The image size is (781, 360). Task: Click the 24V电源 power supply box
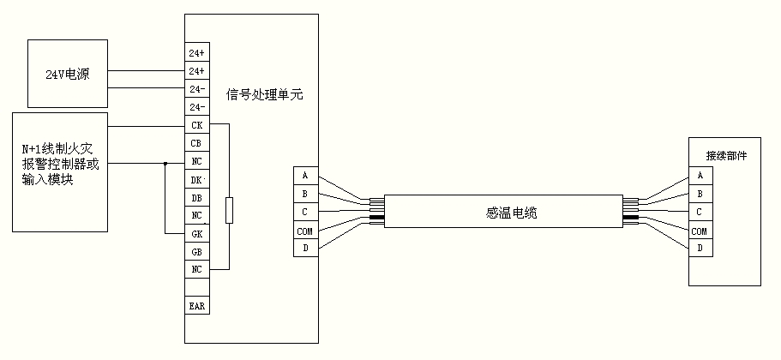pyautogui.click(x=64, y=75)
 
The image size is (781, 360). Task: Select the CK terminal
pyautogui.click(x=196, y=125)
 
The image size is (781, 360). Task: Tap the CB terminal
pyautogui.click(x=196, y=143)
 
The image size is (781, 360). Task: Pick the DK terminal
pyautogui.click(x=196, y=179)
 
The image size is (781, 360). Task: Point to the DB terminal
pyautogui.click(x=196, y=197)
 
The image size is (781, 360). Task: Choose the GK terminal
pyautogui.click(x=196, y=233)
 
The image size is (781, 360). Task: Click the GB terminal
pyautogui.click(x=196, y=251)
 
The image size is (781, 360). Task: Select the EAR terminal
pyautogui.click(x=196, y=305)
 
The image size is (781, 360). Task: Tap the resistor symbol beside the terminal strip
pyautogui.click(x=229, y=211)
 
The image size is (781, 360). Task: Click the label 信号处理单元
pyautogui.click(x=264, y=93)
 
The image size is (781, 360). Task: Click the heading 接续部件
pyautogui.click(x=725, y=156)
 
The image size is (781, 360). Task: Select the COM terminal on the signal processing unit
pyautogui.click(x=304, y=231)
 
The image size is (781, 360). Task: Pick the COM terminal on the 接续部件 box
pyautogui.click(x=700, y=231)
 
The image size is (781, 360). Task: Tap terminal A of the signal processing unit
pyautogui.click(x=304, y=176)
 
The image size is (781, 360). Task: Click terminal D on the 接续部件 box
pyautogui.click(x=700, y=249)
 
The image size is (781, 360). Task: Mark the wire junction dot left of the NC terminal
pyautogui.click(x=165, y=161)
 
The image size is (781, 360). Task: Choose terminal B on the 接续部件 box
pyautogui.click(x=700, y=194)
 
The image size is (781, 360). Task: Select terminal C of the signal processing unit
pyautogui.click(x=304, y=212)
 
